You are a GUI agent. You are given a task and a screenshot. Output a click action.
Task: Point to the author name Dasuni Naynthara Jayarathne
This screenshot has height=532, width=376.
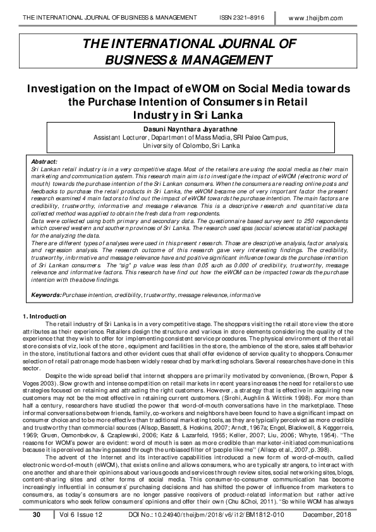tap(188, 128)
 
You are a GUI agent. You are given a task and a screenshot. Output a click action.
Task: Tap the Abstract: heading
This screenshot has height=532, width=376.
tap(44, 162)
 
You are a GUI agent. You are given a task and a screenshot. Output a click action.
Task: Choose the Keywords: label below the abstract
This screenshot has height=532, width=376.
tap(47, 295)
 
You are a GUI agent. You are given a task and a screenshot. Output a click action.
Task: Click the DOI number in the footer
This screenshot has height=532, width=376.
tap(200, 516)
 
